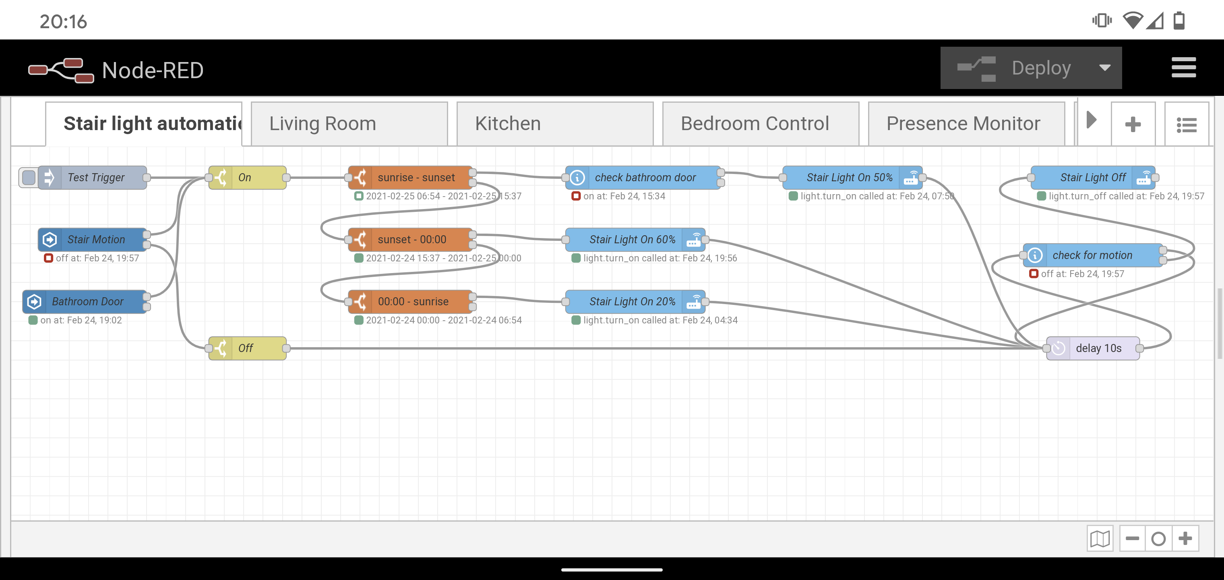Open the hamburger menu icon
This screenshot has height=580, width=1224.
pyautogui.click(x=1183, y=68)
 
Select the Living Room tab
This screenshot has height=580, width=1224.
pyautogui.click(x=349, y=124)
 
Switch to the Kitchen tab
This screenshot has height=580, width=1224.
pyautogui.click(x=555, y=124)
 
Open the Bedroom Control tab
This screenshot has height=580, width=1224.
pyautogui.click(x=761, y=124)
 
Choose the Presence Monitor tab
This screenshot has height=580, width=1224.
pyautogui.click(x=966, y=124)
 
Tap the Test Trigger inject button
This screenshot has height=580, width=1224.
pyautogui.click(x=29, y=177)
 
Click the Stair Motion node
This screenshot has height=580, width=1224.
pyautogui.click(x=93, y=240)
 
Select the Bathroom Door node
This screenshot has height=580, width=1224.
pyautogui.click(x=85, y=301)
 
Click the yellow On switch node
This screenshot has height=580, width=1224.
pyautogui.click(x=248, y=177)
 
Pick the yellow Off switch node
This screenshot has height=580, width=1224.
pyautogui.click(x=248, y=348)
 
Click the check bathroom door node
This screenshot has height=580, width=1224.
pyautogui.click(x=643, y=177)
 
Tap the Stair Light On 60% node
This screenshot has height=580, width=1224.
pyautogui.click(x=635, y=240)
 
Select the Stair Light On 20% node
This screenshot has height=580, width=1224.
pyautogui.click(x=635, y=301)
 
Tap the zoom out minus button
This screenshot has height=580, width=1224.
pyautogui.click(x=1132, y=539)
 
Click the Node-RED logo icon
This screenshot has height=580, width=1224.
pyautogui.click(x=61, y=70)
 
